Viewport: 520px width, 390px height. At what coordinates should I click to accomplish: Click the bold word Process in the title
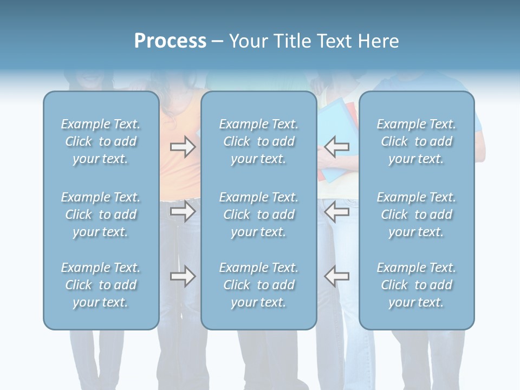click(170, 41)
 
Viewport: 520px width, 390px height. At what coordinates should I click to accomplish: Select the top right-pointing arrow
click(183, 147)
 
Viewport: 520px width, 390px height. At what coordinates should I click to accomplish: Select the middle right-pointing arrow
click(183, 211)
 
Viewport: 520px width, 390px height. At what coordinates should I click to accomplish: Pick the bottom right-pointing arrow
click(183, 276)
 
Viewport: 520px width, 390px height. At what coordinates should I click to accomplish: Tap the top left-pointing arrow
click(336, 147)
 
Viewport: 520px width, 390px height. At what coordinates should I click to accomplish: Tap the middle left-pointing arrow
click(336, 211)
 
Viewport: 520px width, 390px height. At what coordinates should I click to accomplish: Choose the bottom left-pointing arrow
click(336, 276)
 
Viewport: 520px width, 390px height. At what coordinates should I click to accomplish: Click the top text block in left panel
click(101, 141)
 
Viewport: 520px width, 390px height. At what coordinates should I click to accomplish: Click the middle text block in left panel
click(101, 214)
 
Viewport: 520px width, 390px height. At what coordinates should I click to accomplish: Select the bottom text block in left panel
click(101, 285)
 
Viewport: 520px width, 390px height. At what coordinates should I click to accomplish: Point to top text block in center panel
click(258, 141)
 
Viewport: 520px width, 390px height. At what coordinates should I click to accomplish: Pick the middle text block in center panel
click(258, 214)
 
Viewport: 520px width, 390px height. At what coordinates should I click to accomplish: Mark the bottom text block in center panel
click(258, 285)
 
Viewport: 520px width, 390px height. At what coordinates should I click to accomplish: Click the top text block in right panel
click(416, 141)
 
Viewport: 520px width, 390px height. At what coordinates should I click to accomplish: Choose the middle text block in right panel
click(416, 214)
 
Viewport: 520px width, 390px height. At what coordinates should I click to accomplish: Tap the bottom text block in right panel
click(416, 285)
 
